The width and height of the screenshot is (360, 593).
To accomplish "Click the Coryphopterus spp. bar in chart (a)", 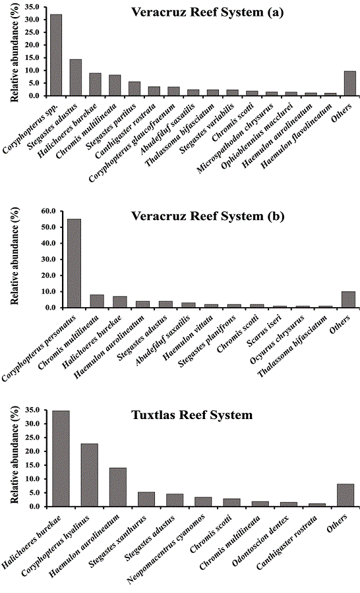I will coord(56,55).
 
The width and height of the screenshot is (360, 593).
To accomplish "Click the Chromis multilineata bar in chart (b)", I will coord(97,301).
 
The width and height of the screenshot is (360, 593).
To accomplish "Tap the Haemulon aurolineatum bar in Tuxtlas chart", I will coord(117,487).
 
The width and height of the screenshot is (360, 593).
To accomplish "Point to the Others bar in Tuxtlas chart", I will coord(345,495).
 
